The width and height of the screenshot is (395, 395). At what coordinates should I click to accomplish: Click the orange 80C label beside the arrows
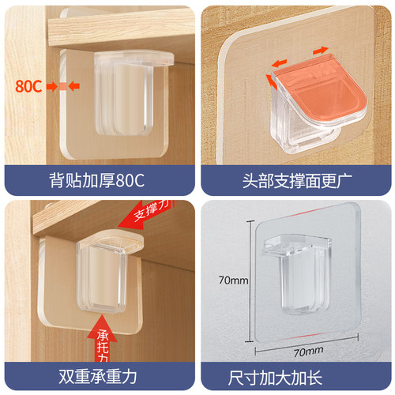coord(28,86)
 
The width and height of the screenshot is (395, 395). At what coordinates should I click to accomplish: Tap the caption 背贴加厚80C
coord(97,181)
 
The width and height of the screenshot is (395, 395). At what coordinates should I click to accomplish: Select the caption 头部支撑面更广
coord(297,181)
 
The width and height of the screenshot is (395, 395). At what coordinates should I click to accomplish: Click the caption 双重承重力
coord(98,377)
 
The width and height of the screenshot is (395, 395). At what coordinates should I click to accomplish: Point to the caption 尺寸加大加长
coord(275,378)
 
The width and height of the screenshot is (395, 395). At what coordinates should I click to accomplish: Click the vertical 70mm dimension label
coord(233,280)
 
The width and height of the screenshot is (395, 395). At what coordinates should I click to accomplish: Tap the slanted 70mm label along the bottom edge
coord(308,352)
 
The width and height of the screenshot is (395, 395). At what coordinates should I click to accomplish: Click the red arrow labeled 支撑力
coord(145,214)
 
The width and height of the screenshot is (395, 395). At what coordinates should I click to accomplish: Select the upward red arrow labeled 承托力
coord(102,338)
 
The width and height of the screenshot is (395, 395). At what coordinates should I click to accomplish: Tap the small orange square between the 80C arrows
coord(62,86)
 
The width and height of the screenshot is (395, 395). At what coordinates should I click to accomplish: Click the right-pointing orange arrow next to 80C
coord(52,86)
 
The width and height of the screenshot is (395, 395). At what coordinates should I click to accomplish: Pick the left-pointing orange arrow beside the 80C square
coord(74,86)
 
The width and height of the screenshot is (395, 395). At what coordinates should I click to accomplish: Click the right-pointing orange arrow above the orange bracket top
coord(321,51)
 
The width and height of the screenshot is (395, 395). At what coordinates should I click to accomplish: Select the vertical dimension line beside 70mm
coord(250,281)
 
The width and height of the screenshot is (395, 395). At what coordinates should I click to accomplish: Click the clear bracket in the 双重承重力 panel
coord(108,271)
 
